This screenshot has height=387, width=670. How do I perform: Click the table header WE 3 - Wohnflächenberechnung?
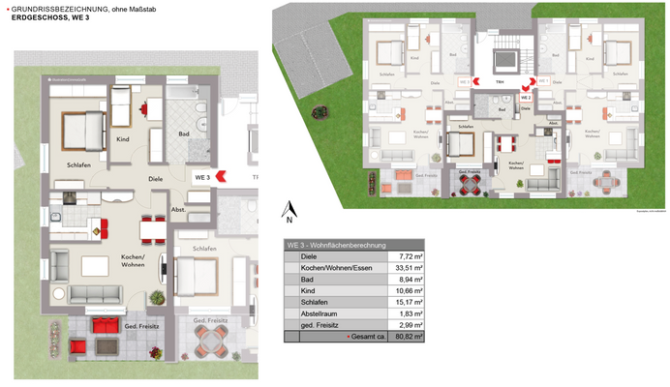click(338, 245)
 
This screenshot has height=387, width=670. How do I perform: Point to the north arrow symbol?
click(289, 210)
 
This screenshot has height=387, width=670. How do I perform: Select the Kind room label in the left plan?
click(124, 140)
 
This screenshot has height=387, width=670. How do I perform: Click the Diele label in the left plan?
click(155, 179)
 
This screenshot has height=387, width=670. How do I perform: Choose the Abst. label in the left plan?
click(179, 209)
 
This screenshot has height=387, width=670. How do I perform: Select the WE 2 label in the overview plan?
click(526, 97)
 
